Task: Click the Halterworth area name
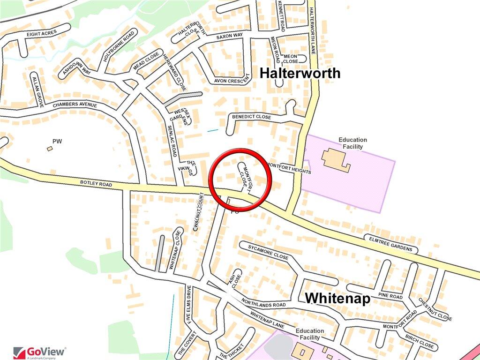[300, 73]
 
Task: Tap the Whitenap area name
[338, 298]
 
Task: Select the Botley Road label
[96, 184]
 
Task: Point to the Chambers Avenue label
[75, 105]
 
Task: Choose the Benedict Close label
[251, 116]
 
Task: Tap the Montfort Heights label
[289, 168]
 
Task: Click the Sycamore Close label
[268, 252]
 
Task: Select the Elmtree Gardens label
[390, 244]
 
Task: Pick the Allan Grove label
[37, 90]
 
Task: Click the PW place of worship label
[58, 141]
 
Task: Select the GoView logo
[40, 352]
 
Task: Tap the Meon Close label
[290, 59]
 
